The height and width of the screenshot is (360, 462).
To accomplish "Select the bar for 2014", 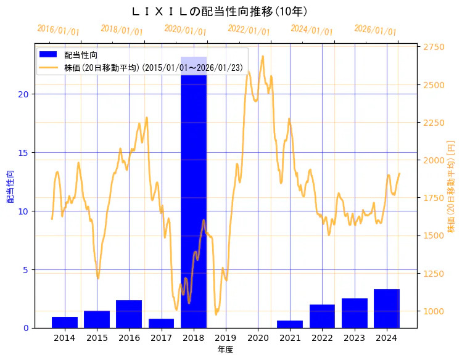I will point(65,322).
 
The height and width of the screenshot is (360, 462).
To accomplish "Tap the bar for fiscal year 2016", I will point(129,314).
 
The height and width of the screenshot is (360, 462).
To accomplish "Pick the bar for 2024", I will point(387,308).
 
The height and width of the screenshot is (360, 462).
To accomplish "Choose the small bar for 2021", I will point(290,324).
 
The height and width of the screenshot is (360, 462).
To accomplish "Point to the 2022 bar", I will point(322,316).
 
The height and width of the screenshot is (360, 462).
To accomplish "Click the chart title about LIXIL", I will point(220,12).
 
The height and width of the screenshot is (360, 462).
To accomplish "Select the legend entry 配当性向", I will point(81,55).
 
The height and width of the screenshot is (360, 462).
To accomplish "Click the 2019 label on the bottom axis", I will point(226,338).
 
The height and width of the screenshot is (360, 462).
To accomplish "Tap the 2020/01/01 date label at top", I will point(185,30).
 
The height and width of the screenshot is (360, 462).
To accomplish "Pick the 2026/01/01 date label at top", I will point(375,30).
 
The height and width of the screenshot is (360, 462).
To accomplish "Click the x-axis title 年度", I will point(225,350).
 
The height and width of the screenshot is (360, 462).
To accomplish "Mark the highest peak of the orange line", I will point(263,56).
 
